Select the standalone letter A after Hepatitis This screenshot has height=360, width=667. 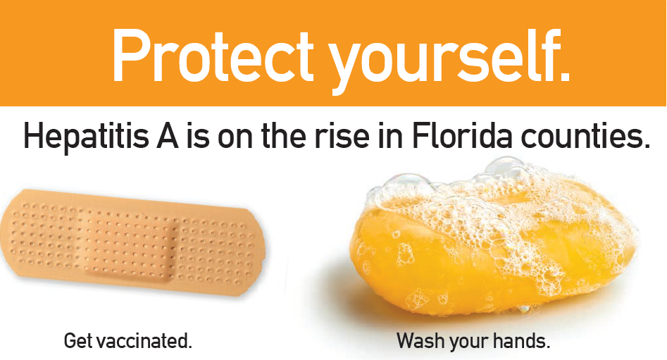[168, 136]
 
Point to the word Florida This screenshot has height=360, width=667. [461, 135]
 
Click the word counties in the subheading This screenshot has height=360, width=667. [580, 136]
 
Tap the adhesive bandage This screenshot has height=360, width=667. [132, 242]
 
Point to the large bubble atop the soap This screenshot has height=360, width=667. [504, 167]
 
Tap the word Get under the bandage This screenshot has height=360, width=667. [78, 341]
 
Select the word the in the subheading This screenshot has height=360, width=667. [283, 136]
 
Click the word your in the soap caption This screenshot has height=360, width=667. [466, 343]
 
